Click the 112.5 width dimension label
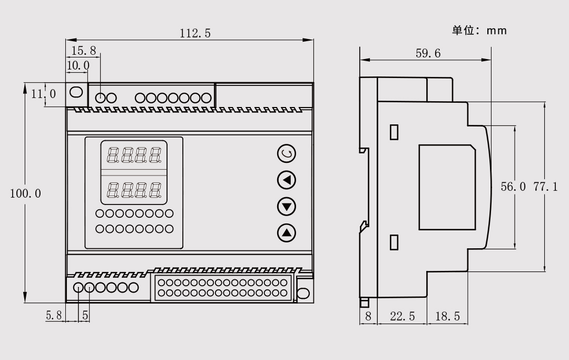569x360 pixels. (x=195, y=34)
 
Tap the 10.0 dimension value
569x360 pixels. (x=78, y=65)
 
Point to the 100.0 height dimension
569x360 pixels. (x=25, y=193)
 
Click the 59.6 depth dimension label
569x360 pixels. (x=428, y=53)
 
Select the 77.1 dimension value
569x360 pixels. (x=546, y=187)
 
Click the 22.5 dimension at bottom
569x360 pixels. (x=402, y=316)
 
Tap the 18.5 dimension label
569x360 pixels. (x=447, y=316)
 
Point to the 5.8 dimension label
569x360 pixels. (x=54, y=316)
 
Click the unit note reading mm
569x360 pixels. (x=479, y=31)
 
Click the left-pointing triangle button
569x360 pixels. (x=287, y=180)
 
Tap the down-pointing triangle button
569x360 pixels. (x=287, y=206)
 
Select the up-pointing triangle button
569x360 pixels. (x=287, y=232)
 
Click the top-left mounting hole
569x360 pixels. (x=76, y=92)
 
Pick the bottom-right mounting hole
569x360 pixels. (x=303, y=294)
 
